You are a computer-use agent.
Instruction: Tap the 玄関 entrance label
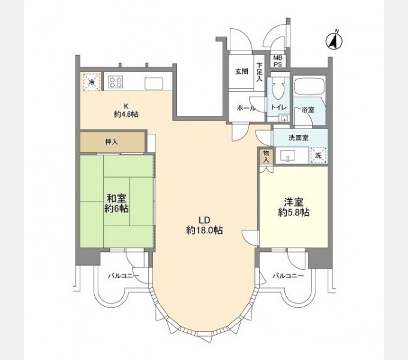[241, 71]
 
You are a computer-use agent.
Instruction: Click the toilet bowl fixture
[277, 90]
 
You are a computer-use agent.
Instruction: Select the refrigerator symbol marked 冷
[91, 82]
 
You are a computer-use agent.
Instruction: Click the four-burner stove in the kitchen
[116, 82]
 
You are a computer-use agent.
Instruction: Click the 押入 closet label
[111, 142]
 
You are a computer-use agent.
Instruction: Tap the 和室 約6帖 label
[116, 203]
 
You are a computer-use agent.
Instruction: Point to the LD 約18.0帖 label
[204, 224]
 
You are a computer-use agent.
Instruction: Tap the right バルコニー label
[287, 277]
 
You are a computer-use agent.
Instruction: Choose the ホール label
[246, 108]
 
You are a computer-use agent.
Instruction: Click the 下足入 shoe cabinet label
[259, 72]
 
